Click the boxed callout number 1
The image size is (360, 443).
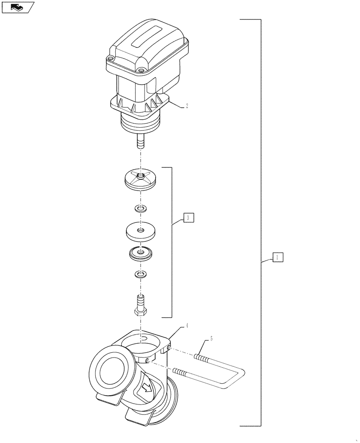pos(277,257)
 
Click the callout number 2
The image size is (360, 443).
pos(187,106)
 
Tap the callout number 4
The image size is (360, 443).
pos(187,326)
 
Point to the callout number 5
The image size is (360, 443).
pos(211,339)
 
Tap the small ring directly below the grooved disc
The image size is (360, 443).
pos(141,208)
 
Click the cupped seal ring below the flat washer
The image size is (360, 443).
pos(141,254)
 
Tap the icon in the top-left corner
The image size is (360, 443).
pos(17,7)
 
